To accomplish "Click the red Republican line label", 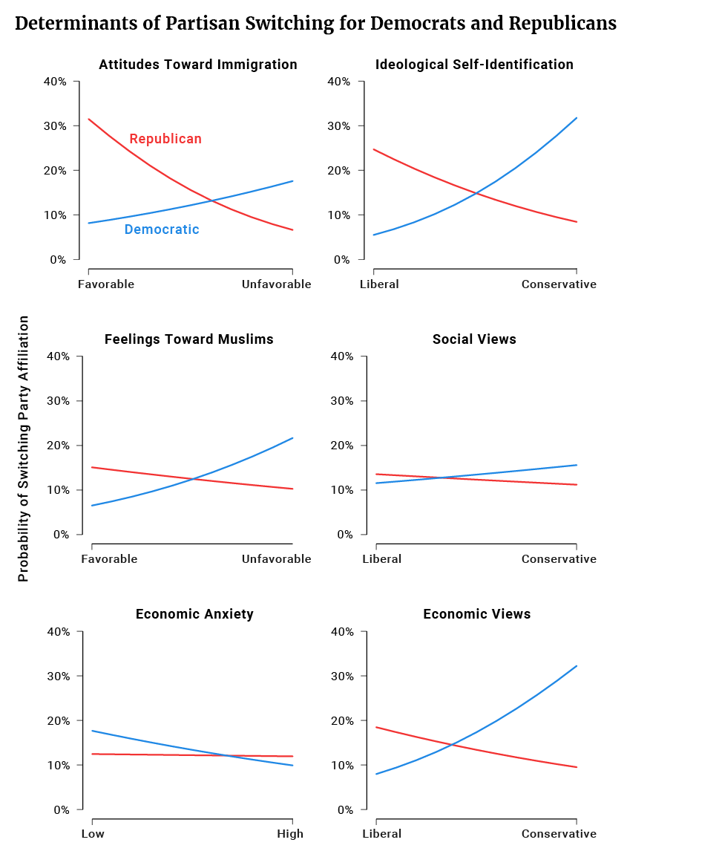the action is [165, 139].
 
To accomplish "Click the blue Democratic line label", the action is [162, 229].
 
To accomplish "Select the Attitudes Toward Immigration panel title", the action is [198, 65].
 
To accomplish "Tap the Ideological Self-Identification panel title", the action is [474, 65].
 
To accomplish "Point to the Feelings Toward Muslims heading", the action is [189, 339].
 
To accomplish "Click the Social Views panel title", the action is [474, 339].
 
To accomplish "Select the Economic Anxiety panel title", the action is [194, 614].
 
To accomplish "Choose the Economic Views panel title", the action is [477, 614].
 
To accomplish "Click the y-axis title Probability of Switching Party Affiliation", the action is [23, 449].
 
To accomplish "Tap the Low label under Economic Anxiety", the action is [93, 834].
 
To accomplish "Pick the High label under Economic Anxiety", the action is [290, 834].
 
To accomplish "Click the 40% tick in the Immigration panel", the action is [55, 82].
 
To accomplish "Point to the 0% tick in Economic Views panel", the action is [345, 810].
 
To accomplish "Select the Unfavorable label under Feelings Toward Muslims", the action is [277, 558].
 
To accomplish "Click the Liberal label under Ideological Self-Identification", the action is [379, 284].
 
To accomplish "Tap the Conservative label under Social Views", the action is [559, 558].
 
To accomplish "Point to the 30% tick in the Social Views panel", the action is [342, 401].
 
